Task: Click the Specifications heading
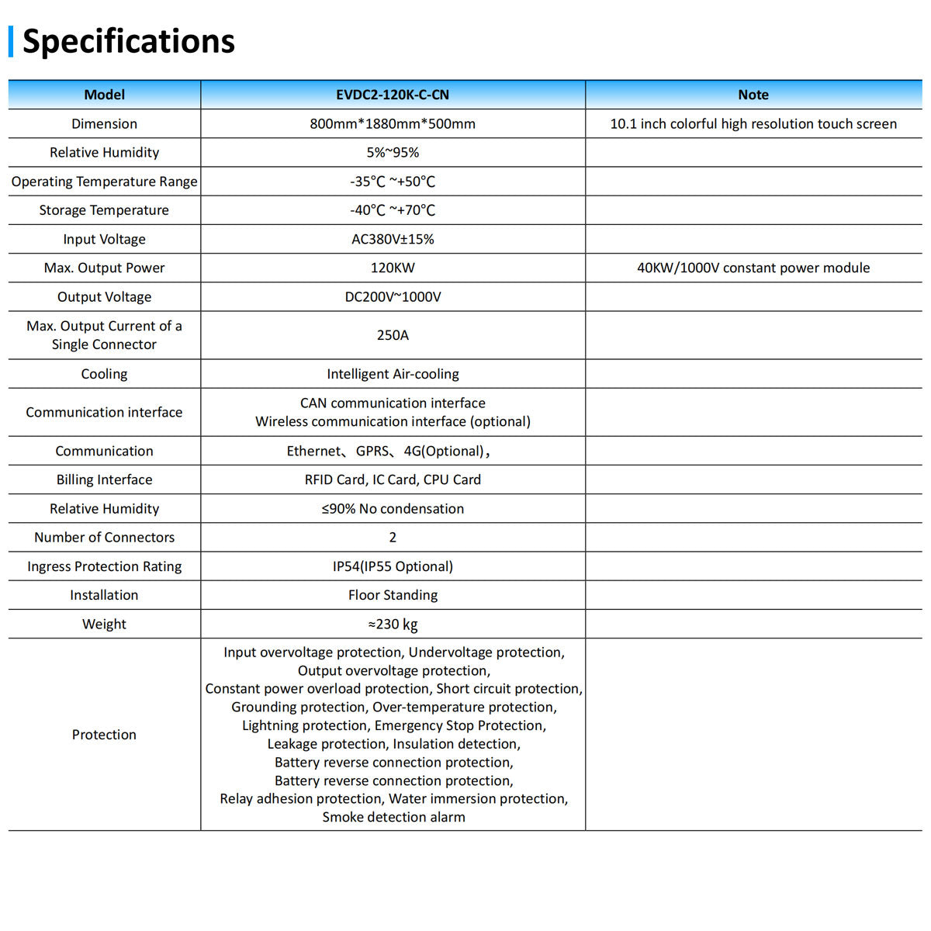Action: (x=128, y=41)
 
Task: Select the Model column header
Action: (x=104, y=95)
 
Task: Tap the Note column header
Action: (x=753, y=95)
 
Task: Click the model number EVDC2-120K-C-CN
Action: (x=393, y=95)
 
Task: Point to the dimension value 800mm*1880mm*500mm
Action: (x=393, y=123)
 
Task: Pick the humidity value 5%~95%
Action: (x=393, y=153)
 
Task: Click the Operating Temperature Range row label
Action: (x=104, y=182)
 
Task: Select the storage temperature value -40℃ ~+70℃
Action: (x=393, y=210)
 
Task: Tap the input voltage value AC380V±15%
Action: (x=393, y=239)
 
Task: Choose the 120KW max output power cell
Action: (x=393, y=268)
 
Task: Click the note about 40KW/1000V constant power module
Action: (x=753, y=268)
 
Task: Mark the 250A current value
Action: (x=393, y=335)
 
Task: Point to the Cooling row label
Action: (x=104, y=374)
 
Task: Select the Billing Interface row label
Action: (x=104, y=479)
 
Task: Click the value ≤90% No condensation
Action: (x=393, y=509)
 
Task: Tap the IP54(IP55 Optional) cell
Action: (x=393, y=566)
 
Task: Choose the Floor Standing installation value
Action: (x=393, y=595)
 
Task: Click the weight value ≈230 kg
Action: (x=393, y=624)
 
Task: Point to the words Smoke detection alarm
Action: (x=393, y=817)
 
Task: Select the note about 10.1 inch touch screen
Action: (x=753, y=123)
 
